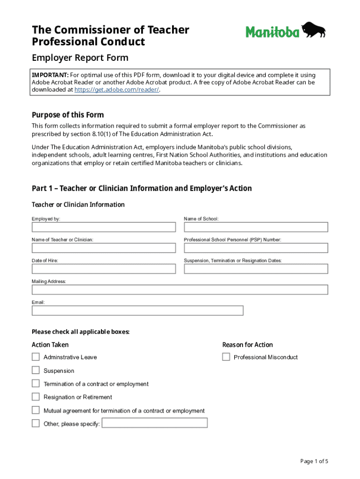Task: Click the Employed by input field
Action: [x=104, y=227]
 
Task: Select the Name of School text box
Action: [x=256, y=227]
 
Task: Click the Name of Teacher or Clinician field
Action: [x=104, y=248]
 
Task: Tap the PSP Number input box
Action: [x=256, y=248]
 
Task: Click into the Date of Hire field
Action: [x=104, y=269]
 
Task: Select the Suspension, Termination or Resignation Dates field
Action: [x=256, y=269]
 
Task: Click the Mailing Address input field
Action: [x=180, y=290]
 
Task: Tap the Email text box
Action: [x=137, y=311]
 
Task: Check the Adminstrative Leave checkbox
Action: [x=36, y=357]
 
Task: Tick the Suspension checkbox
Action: [x=36, y=370]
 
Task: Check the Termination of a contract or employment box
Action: [x=36, y=384]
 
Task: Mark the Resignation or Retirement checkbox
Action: [x=36, y=397]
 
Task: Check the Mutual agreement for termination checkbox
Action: [x=36, y=410]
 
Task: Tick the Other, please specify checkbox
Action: [x=36, y=423]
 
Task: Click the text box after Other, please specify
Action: [x=155, y=423]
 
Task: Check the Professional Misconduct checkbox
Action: [x=226, y=357]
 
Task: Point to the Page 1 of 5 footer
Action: [x=314, y=461]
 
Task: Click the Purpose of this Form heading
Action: [x=68, y=115]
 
